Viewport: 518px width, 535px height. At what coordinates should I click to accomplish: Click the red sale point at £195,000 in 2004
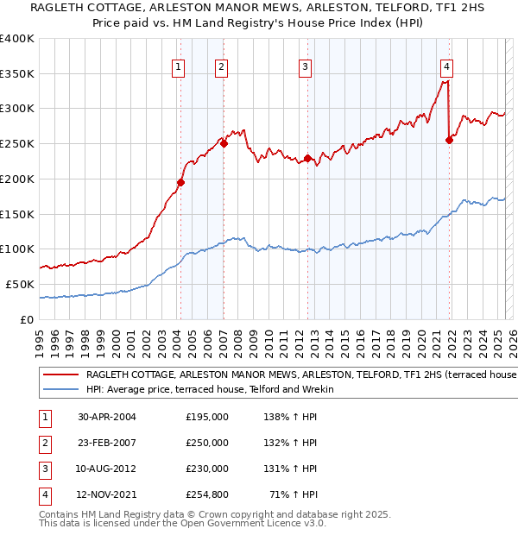(x=180, y=182)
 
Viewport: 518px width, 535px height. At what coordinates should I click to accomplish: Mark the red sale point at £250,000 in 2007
(x=224, y=144)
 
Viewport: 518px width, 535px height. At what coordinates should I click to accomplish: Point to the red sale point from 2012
(x=307, y=158)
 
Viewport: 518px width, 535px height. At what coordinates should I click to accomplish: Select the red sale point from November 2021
(x=449, y=141)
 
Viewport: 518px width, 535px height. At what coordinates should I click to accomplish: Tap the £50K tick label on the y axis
(x=20, y=284)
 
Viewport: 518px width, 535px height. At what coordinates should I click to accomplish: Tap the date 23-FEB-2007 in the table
(x=107, y=443)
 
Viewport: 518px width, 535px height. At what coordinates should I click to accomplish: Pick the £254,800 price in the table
(x=207, y=494)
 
